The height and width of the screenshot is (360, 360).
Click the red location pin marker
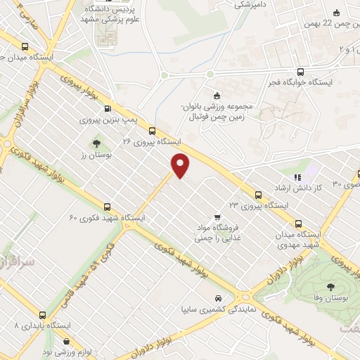(181, 165)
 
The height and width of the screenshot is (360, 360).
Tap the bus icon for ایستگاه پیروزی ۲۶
(152, 130)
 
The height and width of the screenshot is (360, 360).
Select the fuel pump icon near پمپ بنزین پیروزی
(107, 109)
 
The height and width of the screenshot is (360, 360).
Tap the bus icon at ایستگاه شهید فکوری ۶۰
(107, 207)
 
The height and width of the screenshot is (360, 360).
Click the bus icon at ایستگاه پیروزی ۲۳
(258, 194)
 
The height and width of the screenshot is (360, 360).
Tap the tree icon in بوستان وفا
(330, 286)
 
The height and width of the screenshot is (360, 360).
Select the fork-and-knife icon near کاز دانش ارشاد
(297, 177)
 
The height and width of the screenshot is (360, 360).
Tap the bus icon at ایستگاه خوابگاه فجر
(301, 71)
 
